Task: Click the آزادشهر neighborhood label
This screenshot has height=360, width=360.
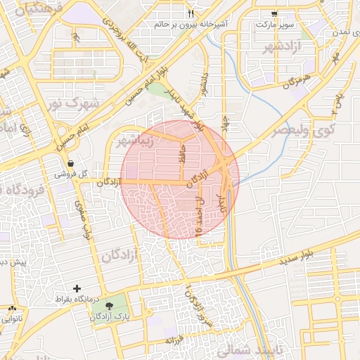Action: click(x=268, y=47)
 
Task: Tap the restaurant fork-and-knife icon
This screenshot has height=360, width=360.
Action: click(x=191, y=13)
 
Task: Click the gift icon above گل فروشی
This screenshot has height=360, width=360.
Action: click(x=71, y=163)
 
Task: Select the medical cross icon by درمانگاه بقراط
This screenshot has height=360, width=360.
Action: click(x=77, y=289)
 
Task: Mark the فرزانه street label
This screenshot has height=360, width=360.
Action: click(x=174, y=340)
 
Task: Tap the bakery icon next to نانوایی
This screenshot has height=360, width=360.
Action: click(x=13, y=309)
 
